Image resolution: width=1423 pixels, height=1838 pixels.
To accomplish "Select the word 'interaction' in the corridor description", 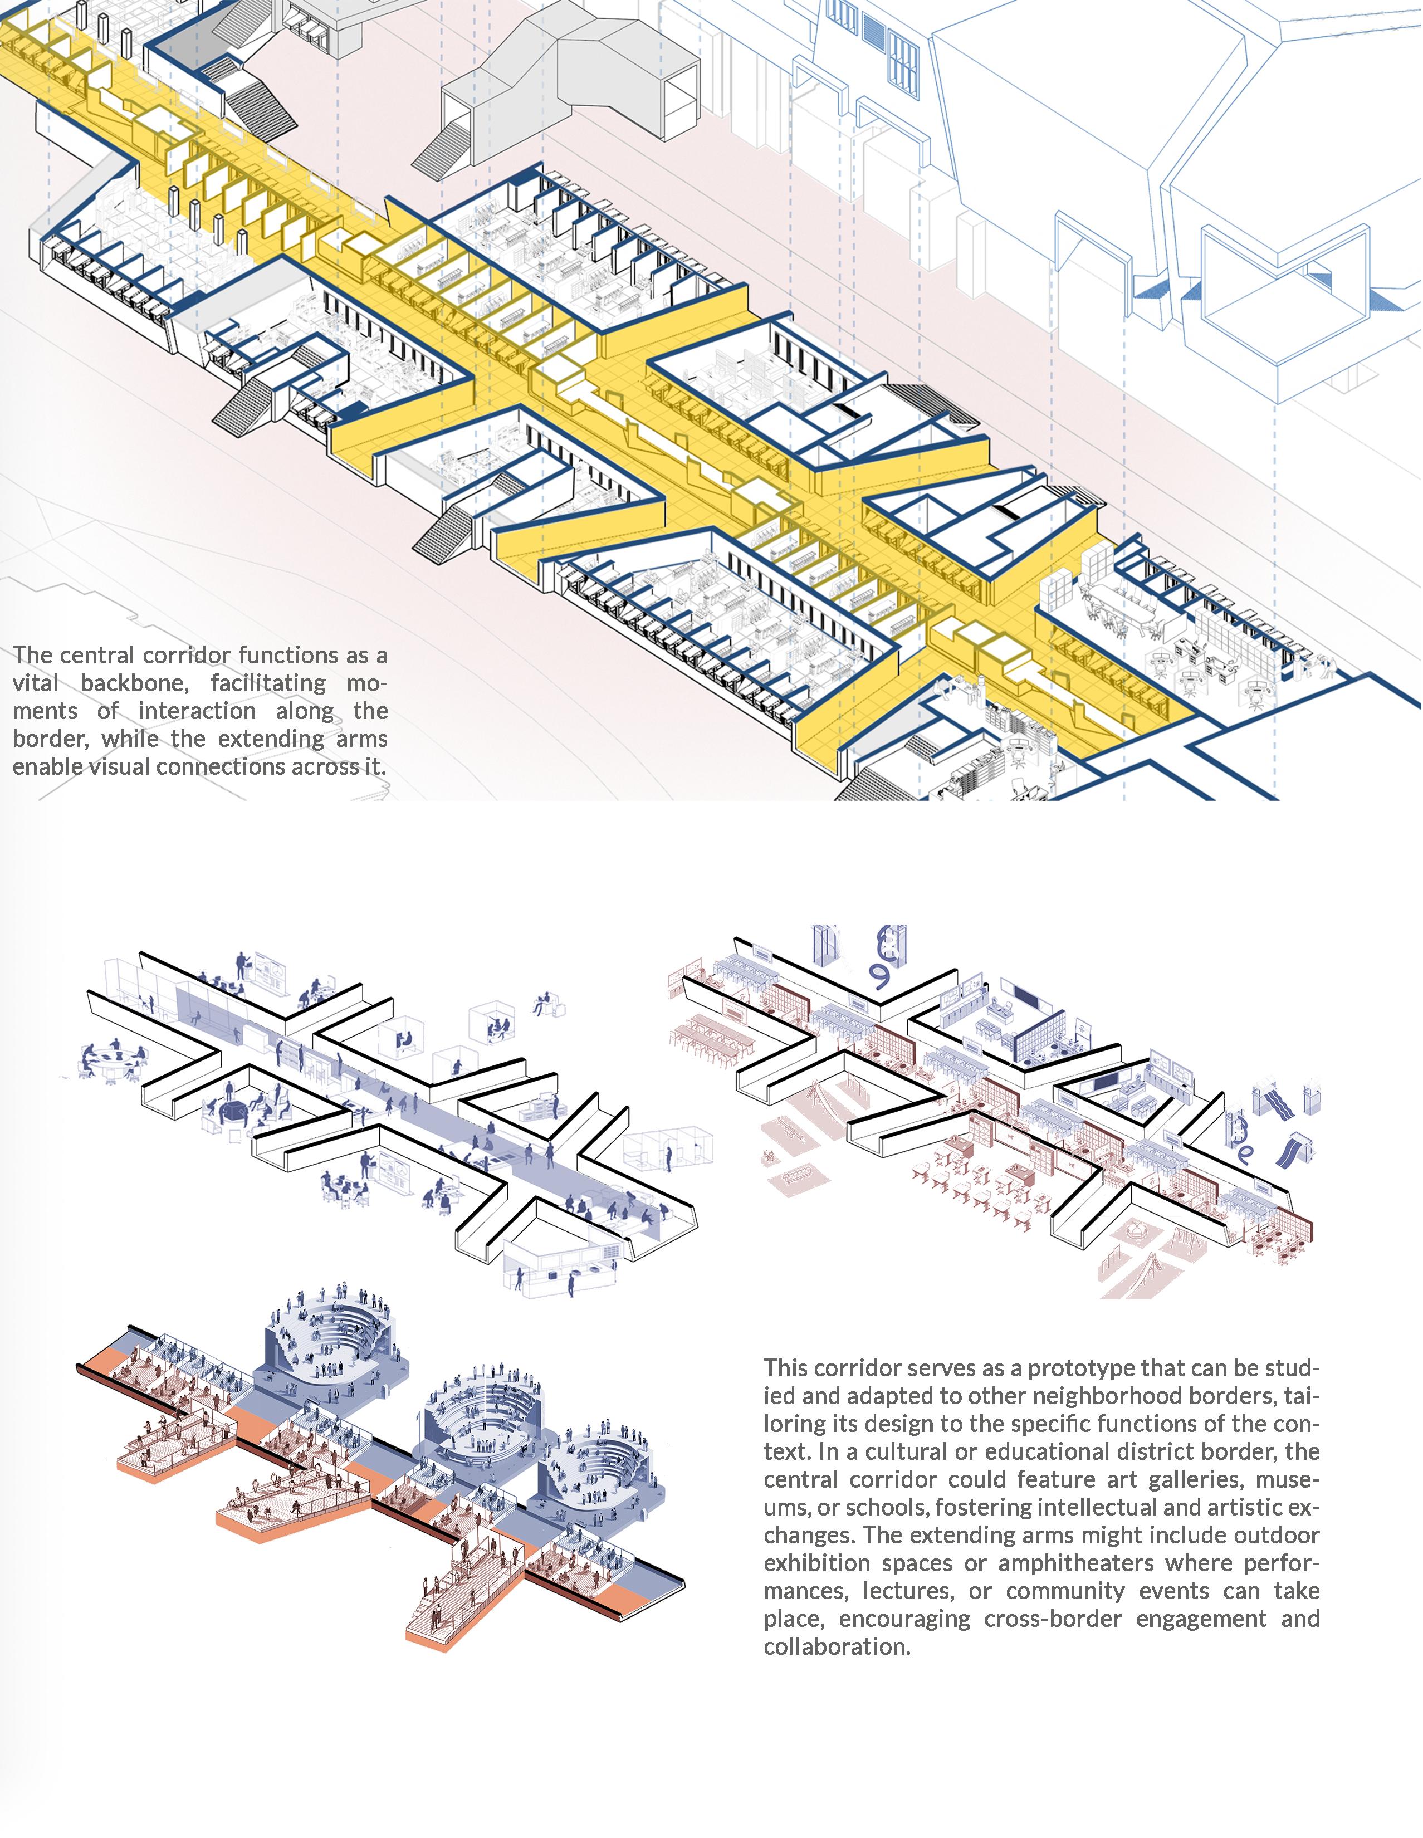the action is click(197, 711).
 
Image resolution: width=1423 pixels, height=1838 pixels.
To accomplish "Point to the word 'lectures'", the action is click(909, 1591).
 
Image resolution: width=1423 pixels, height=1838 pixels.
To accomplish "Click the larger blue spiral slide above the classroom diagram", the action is click(883, 960).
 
